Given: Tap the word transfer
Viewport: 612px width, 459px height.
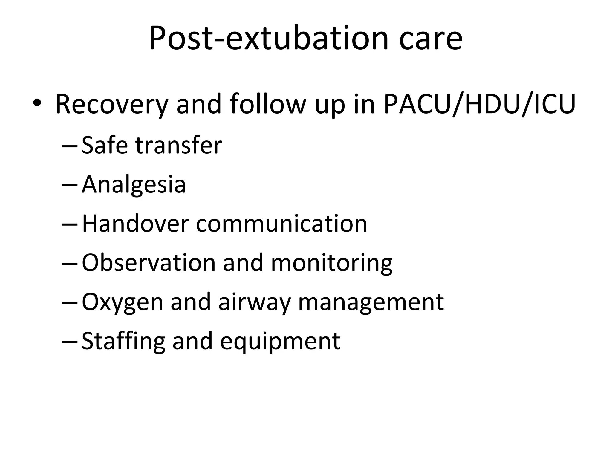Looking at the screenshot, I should pos(179,145).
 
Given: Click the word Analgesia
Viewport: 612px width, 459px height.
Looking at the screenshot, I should pos(134,185).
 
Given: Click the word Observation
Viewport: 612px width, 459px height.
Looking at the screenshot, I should pos(149,263).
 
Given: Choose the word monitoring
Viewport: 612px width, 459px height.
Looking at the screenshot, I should pos(332,263).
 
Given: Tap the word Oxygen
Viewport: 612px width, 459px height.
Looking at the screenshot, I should pos(122,302).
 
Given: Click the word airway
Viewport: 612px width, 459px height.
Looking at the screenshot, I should pos(254,302).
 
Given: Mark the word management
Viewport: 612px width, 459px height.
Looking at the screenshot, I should pos(371,302).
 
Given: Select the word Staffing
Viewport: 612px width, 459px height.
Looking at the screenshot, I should pos(123,341).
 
